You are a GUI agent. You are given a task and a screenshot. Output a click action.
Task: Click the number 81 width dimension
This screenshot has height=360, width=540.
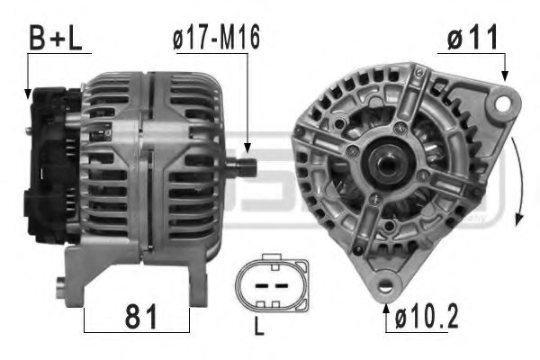(x=137, y=318)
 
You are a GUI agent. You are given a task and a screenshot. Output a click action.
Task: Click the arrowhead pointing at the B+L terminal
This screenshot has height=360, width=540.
(x=29, y=91)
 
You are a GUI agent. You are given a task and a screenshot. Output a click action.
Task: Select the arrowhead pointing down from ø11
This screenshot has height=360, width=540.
(x=505, y=78)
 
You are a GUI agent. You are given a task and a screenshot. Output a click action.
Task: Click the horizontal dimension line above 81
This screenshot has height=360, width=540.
(x=137, y=298)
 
